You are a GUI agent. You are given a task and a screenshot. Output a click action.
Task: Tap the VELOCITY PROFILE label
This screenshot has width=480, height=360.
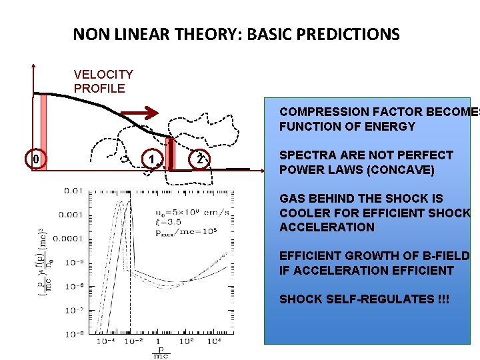(103, 81)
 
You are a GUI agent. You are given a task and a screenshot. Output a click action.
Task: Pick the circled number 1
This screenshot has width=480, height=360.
(153, 160)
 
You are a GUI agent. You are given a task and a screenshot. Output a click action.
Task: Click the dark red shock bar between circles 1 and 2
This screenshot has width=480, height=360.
(170, 154)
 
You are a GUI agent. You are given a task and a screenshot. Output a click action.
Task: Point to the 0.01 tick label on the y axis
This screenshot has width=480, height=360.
(74, 191)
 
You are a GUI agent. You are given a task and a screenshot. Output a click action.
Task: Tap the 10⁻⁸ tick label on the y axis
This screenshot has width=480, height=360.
(74, 334)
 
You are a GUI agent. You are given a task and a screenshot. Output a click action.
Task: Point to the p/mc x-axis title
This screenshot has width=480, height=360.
(161, 353)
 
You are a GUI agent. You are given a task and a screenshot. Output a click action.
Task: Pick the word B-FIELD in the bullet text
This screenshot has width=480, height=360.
(446, 256)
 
